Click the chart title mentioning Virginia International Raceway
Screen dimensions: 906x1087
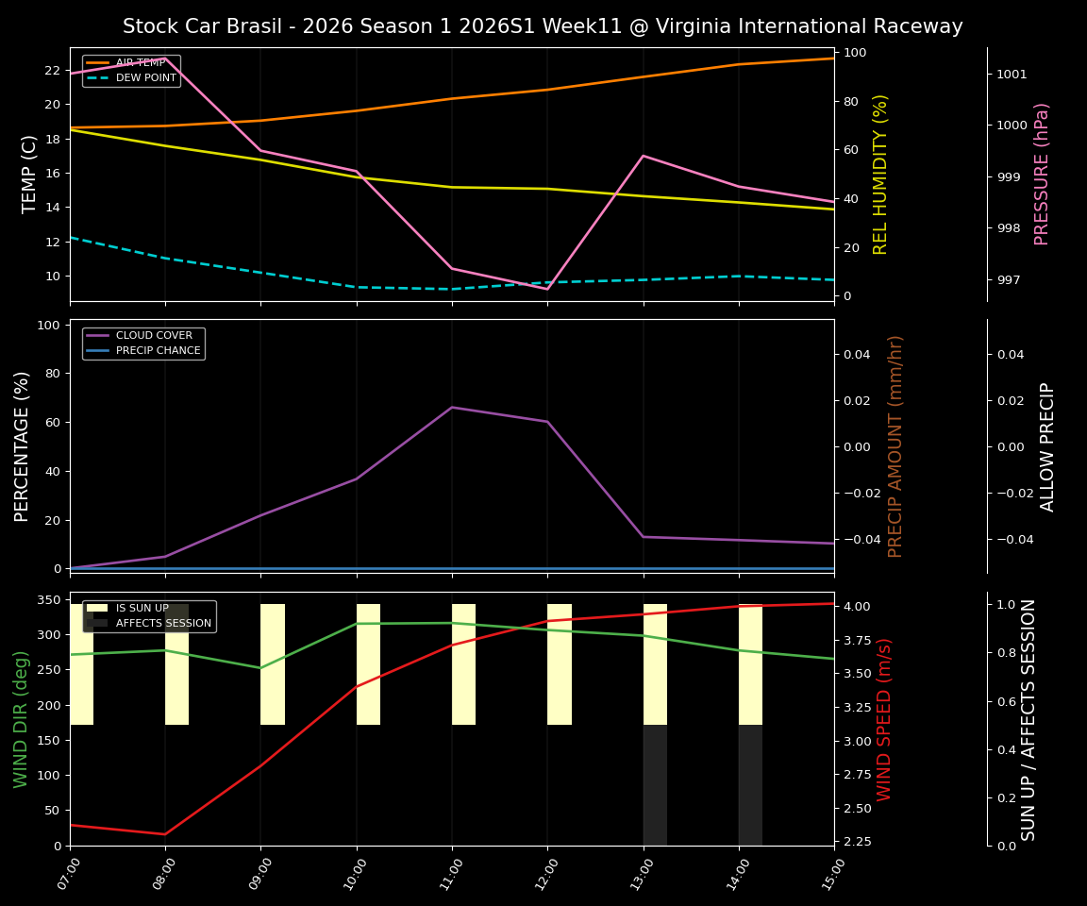point(543,26)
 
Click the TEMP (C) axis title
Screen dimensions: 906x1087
point(30,174)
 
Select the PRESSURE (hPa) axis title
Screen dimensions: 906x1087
point(1042,174)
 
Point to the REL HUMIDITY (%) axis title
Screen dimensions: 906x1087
point(880,174)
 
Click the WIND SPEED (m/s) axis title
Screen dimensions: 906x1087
point(884,719)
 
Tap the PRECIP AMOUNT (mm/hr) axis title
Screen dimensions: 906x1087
point(895,445)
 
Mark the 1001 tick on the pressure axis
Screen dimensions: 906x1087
point(1012,74)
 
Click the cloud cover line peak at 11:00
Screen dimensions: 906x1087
point(452,407)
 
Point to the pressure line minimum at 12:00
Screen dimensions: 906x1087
point(547,289)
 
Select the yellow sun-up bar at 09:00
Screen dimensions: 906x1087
point(273,664)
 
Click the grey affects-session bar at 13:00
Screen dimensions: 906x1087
point(655,785)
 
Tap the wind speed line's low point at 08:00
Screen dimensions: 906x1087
point(165,834)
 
